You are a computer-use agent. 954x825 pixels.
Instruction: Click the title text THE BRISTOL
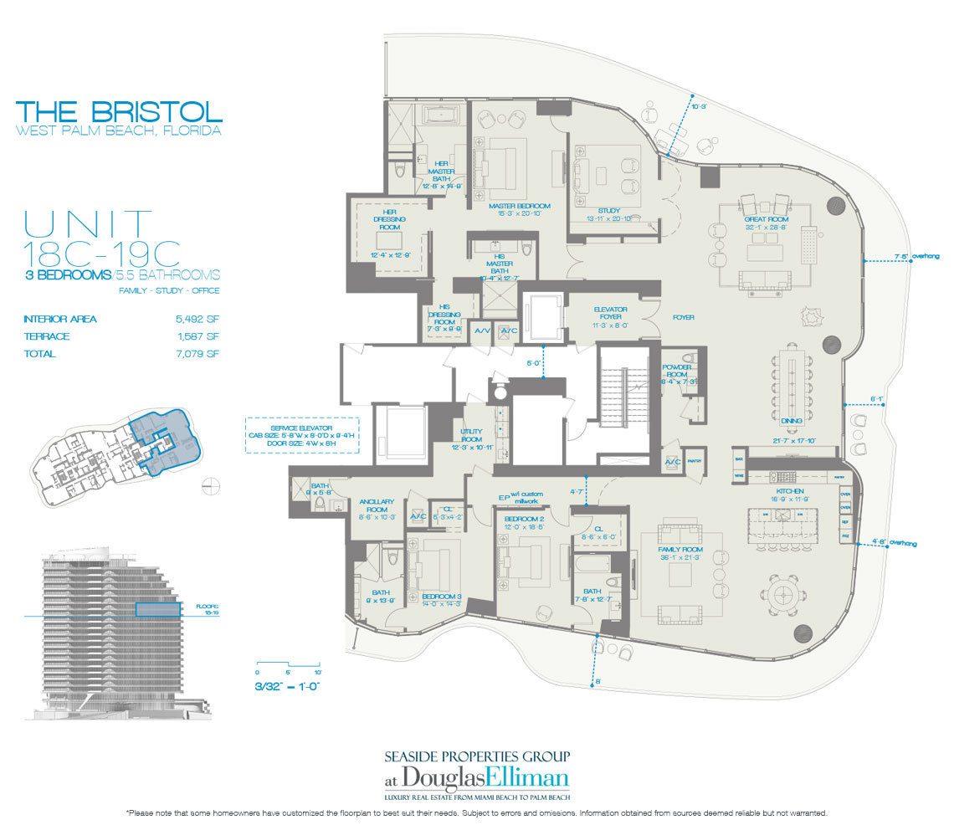tap(119, 111)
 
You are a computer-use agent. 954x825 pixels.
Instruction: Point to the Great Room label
tap(768, 219)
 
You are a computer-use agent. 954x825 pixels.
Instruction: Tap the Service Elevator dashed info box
tap(302, 435)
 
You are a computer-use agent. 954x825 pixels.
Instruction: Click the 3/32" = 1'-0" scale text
tap(288, 686)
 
